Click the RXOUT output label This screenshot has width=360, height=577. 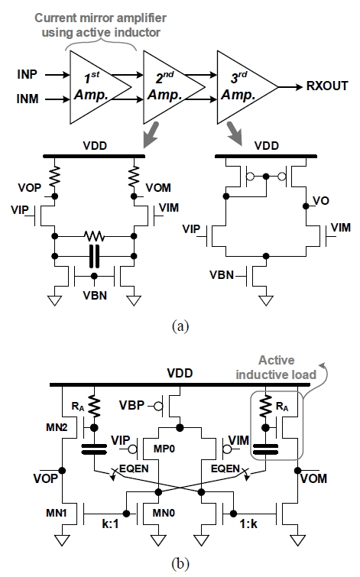click(x=327, y=86)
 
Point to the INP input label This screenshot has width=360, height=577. click(x=27, y=74)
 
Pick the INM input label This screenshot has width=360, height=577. click(x=28, y=99)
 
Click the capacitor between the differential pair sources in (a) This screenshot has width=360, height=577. click(x=94, y=256)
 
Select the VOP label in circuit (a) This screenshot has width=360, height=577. click(x=30, y=188)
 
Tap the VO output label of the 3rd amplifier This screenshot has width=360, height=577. click(x=320, y=201)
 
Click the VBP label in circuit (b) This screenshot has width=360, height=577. click(x=131, y=406)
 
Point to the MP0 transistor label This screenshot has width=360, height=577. click(x=164, y=449)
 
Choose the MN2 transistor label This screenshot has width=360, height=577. click(x=57, y=427)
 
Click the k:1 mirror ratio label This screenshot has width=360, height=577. click(x=110, y=524)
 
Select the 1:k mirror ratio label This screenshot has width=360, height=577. click(x=248, y=524)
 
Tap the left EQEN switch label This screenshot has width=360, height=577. click(x=134, y=468)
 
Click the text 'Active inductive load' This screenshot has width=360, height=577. click(x=276, y=368)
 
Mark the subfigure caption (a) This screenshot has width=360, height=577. click(x=180, y=326)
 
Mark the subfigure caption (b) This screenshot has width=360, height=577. click(x=180, y=563)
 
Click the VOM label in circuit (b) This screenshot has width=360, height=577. click(x=313, y=478)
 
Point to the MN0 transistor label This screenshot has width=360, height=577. click(x=164, y=513)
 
